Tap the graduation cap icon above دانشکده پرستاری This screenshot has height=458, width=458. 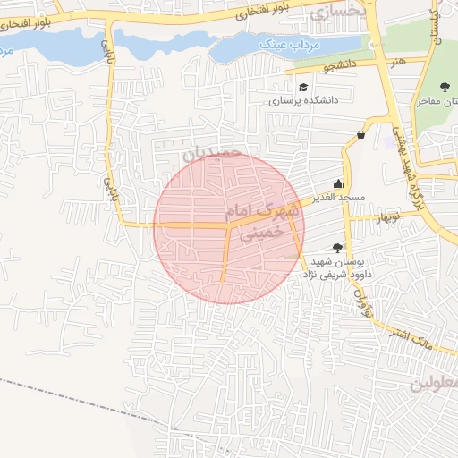(303, 88)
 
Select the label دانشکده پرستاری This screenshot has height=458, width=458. (303, 101)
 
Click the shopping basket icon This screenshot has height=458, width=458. (360, 135)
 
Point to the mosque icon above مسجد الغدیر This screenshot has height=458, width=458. (338, 182)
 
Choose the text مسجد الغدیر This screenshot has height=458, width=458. (333, 196)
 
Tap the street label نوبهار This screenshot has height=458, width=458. (389, 217)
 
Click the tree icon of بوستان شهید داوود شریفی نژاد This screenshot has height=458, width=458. (336, 247)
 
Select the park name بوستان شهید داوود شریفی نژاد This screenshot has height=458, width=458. (341, 267)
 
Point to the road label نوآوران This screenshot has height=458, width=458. (361, 299)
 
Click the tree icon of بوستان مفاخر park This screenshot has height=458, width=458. (445, 87)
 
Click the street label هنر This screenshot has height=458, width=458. (395, 62)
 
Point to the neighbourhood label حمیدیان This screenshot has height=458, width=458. (212, 153)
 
